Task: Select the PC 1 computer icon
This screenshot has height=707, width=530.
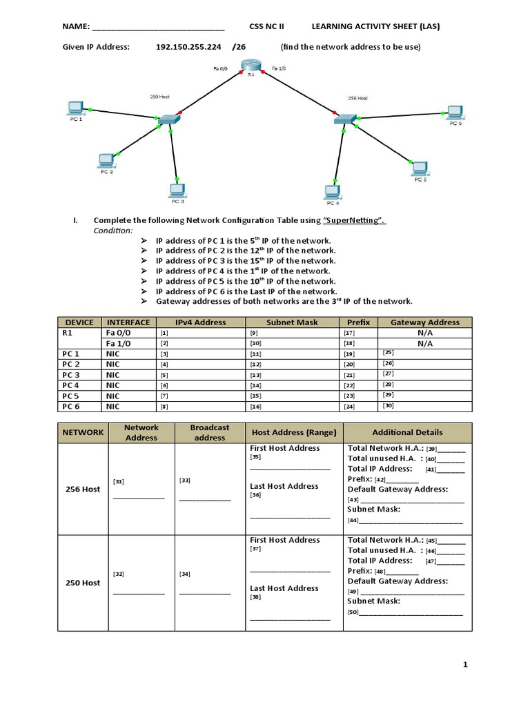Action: [75, 108]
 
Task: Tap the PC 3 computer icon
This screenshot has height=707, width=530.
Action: [177, 189]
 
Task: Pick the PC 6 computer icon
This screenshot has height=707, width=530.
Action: [453, 112]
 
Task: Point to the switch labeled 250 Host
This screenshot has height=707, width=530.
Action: [168, 120]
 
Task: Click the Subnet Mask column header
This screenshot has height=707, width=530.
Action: [292, 322]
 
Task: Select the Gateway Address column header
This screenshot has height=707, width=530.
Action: [424, 322]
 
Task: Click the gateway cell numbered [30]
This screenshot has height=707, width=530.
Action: [424, 406]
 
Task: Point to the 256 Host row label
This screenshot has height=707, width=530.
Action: [82, 489]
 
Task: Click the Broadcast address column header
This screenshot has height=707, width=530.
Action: [210, 432]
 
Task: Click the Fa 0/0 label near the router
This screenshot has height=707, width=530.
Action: [221, 68]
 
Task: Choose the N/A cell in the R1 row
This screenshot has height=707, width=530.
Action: [424, 333]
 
